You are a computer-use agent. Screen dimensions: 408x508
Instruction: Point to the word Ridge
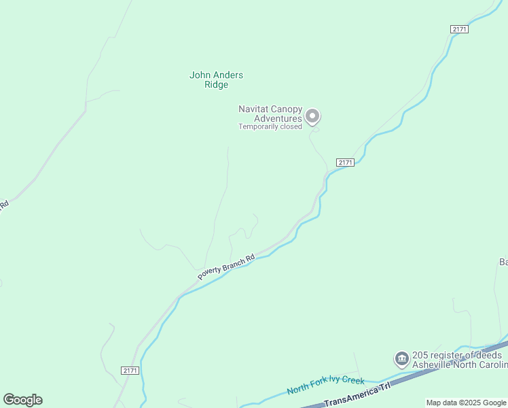216,85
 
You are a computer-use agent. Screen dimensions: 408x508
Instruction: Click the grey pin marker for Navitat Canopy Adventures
312,117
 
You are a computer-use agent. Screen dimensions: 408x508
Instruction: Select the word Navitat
253,109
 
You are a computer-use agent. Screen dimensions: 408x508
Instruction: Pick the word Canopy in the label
286,109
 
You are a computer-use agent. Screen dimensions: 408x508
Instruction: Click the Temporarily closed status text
270,126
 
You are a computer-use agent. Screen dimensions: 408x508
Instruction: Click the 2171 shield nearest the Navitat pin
345,163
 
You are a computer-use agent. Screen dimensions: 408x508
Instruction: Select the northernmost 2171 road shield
459,29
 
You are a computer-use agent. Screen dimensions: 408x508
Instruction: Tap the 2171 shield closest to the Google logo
130,370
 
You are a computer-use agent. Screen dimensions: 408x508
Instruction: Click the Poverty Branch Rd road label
226,266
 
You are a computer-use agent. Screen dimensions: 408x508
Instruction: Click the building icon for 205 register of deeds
401,358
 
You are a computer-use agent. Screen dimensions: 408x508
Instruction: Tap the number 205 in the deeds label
420,355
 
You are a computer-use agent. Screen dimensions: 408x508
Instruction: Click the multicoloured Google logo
22,400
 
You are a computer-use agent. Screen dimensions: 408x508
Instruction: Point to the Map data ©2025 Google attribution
466,403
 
